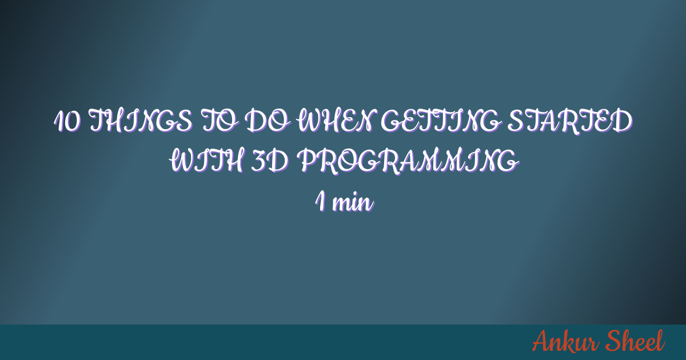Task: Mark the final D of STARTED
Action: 623,121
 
